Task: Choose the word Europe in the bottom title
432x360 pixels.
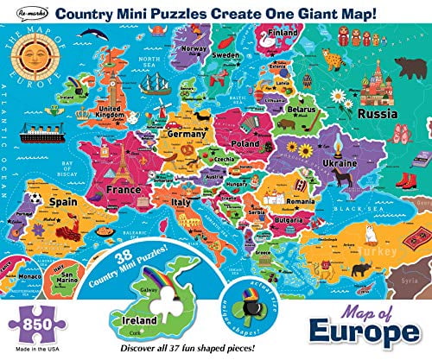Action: coord(376,334)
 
